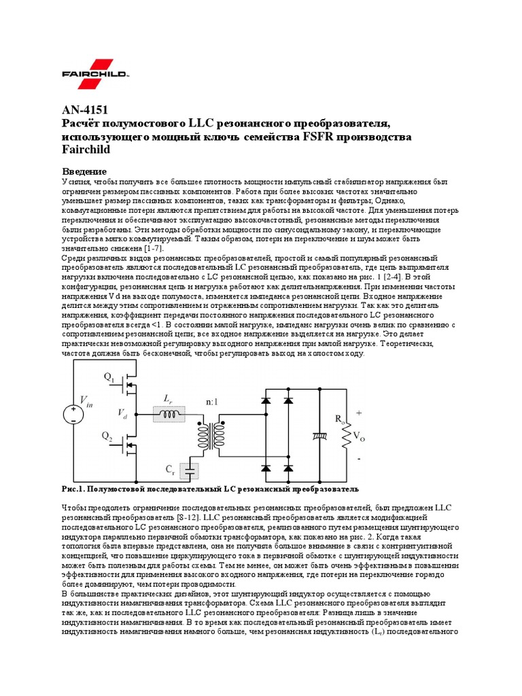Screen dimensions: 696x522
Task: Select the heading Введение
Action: [85, 172]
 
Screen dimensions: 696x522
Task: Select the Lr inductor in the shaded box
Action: [169, 413]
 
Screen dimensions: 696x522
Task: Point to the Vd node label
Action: [122, 413]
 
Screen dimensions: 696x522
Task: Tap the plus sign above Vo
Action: [360, 413]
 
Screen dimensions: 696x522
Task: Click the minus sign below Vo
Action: [359, 458]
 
